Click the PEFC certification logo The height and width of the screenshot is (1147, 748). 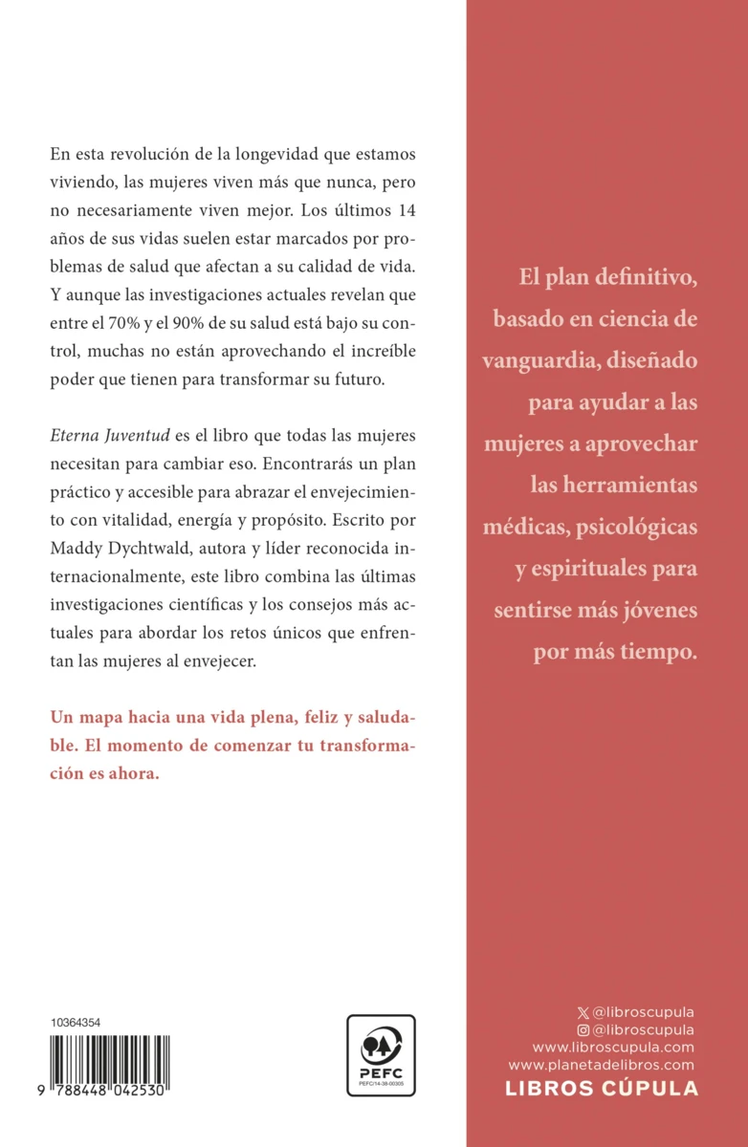[381, 1055]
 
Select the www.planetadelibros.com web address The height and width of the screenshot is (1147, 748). [601, 1064]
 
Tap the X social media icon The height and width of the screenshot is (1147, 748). [583, 1012]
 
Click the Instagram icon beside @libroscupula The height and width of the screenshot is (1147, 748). [583, 1029]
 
